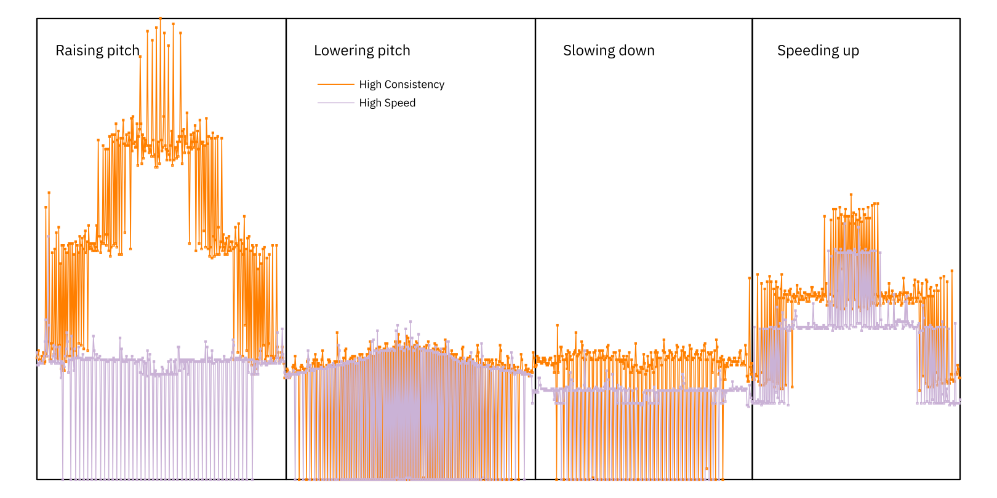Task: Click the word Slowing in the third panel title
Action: tap(586, 50)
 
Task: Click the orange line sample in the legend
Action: tap(335, 84)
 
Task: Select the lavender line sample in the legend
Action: tap(335, 103)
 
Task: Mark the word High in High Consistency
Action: tap(370, 84)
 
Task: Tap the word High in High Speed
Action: tap(370, 103)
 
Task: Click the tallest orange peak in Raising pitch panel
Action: tap(160, 19)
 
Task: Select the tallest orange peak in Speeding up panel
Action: tap(851, 195)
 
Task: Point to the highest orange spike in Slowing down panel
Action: tap(558, 325)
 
